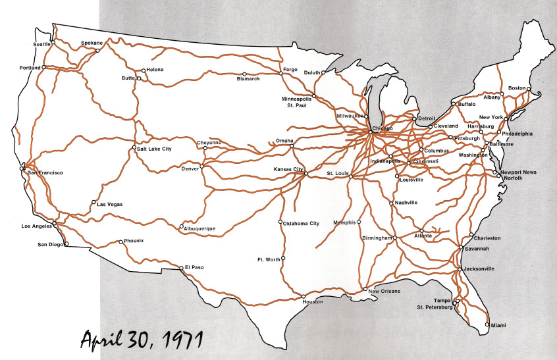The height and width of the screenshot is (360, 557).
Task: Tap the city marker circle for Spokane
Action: [x=97, y=50]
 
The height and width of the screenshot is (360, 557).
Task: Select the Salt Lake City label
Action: [x=154, y=149]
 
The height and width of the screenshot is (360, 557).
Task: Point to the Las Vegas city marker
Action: [x=93, y=202]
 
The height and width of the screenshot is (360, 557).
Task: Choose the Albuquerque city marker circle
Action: [x=181, y=227]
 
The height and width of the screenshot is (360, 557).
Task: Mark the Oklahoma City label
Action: [x=302, y=224]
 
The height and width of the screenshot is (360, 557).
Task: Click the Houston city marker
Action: [x=304, y=296]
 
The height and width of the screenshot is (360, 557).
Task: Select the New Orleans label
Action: [x=384, y=291]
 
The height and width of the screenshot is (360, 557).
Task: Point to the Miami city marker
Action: [x=487, y=325]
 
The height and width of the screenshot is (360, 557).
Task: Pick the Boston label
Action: [x=517, y=88]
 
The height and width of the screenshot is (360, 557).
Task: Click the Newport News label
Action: [x=518, y=172]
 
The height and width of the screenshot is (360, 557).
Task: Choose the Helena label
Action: [x=155, y=70]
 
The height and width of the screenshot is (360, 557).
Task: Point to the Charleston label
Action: [x=487, y=238]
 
